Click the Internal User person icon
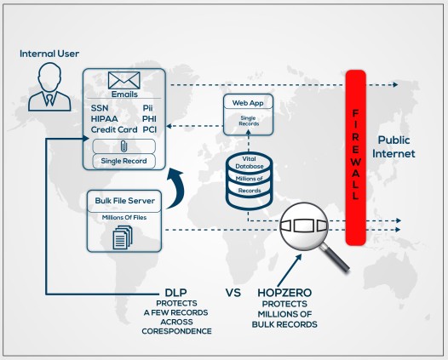point(47,89)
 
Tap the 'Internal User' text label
point(49,54)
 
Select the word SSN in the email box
point(100,108)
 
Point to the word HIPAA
point(104,119)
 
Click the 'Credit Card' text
point(114,129)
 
